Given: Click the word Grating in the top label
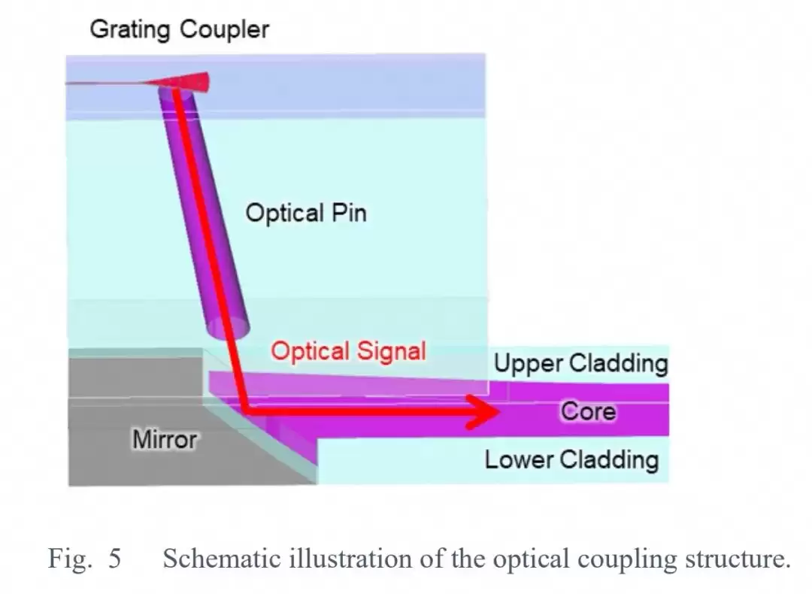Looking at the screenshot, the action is click(x=130, y=29).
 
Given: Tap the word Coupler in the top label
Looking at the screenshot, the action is click(x=224, y=29).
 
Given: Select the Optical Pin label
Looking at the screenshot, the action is click(x=306, y=213).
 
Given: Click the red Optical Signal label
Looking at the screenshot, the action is click(x=349, y=351).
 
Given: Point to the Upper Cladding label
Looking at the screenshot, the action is click(x=581, y=363).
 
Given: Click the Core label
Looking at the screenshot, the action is click(x=588, y=412).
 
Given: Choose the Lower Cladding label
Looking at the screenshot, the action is click(x=571, y=460).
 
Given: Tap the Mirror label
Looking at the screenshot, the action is click(x=165, y=440).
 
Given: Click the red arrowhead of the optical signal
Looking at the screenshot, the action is click(x=483, y=412).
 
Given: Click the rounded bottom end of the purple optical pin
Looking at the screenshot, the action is click(x=229, y=329).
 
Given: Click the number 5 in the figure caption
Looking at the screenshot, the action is click(x=114, y=558).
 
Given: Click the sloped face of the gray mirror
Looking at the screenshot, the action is click(x=259, y=444).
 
